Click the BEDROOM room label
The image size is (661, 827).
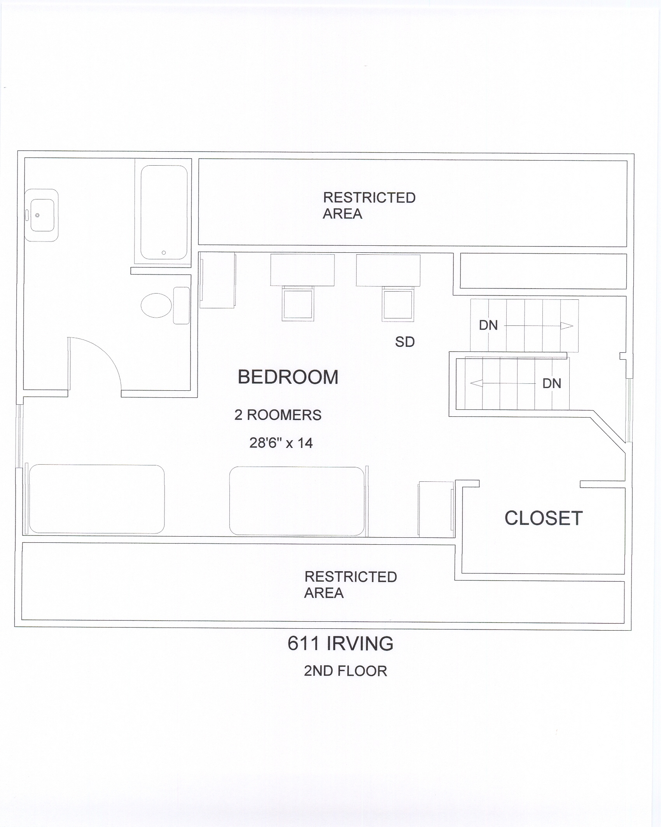(288, 377)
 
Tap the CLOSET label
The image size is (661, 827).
(544, 518)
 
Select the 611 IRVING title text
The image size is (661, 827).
(340, 643)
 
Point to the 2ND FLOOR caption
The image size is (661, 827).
(345, 671)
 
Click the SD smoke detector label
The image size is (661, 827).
(405, 342)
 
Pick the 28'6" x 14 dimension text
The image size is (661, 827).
(281, 443)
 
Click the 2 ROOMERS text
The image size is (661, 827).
(278, 415)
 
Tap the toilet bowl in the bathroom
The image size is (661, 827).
(156, 305)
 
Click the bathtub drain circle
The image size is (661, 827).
(164, 253)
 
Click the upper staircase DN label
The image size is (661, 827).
(488, 325)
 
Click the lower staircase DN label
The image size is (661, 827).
(552, 383)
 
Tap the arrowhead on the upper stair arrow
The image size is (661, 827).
(567, 325)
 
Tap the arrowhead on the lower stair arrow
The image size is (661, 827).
(477, 383)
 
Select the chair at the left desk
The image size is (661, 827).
(298, 303)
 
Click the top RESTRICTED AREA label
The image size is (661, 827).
(369, 206)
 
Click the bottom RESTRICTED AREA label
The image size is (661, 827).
(350, 585)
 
